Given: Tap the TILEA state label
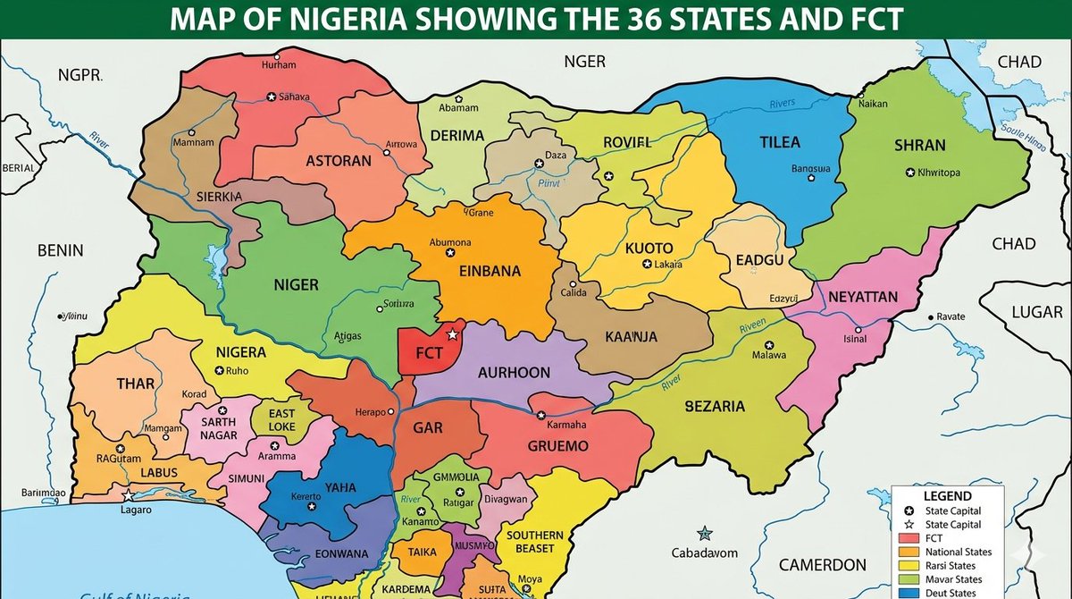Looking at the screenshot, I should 779,142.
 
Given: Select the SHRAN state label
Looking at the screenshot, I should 919,145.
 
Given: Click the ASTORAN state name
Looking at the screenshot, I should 339,162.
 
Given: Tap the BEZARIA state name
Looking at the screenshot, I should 715,407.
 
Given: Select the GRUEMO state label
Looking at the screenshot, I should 558,445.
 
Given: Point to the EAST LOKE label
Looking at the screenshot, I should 281,420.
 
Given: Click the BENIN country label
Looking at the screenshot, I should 60,250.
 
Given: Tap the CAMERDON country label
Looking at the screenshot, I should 822,565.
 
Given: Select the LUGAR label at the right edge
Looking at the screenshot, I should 1037,311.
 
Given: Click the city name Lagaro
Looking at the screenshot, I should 136,510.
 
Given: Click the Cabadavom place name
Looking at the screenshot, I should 706,553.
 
